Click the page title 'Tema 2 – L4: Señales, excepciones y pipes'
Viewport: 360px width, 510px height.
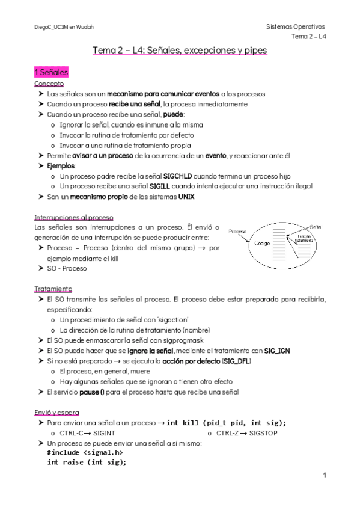[x=180, y=51]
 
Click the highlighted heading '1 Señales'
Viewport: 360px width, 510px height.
[x=51, y=72]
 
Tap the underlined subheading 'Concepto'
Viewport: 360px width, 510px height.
[x=49, y=84]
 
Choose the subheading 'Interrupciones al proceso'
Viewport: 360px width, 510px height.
[x=74, y=217]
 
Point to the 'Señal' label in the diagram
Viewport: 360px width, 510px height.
[x=316, y=227]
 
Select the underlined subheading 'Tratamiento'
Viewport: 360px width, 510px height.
[x=53, y=289]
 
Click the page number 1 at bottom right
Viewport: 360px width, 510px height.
[x=324, y=475]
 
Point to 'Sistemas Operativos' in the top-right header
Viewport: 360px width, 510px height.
[x=296, y=27]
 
